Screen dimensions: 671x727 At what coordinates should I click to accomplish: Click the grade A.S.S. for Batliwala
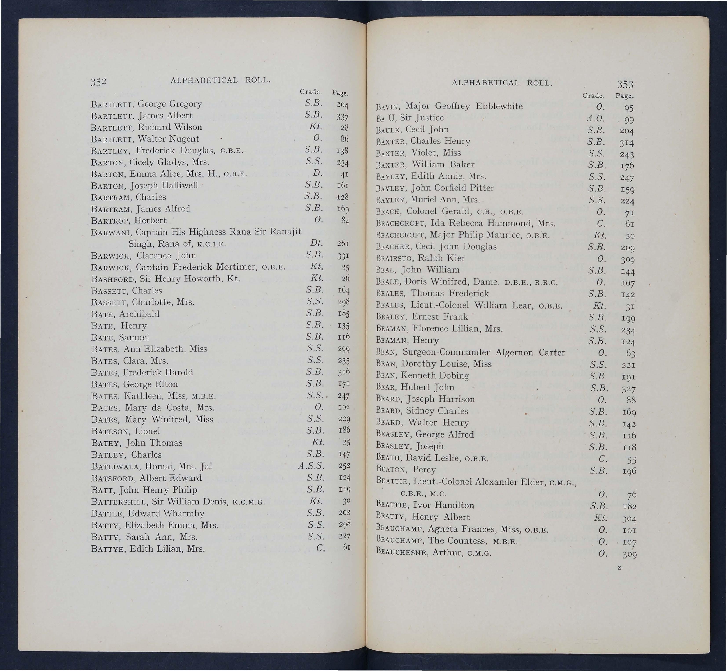(x=311, y=466)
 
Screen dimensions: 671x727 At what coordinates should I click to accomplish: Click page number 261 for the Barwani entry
(x=343, y=244)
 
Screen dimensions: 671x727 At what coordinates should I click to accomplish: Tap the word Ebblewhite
(x=499, y=106)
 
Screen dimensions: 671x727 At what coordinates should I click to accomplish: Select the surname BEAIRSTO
(x=394, y=259)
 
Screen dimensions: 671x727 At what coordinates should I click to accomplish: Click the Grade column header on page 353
(x=593, y=96)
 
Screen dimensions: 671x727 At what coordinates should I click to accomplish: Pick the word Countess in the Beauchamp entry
(x=467, y=541)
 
